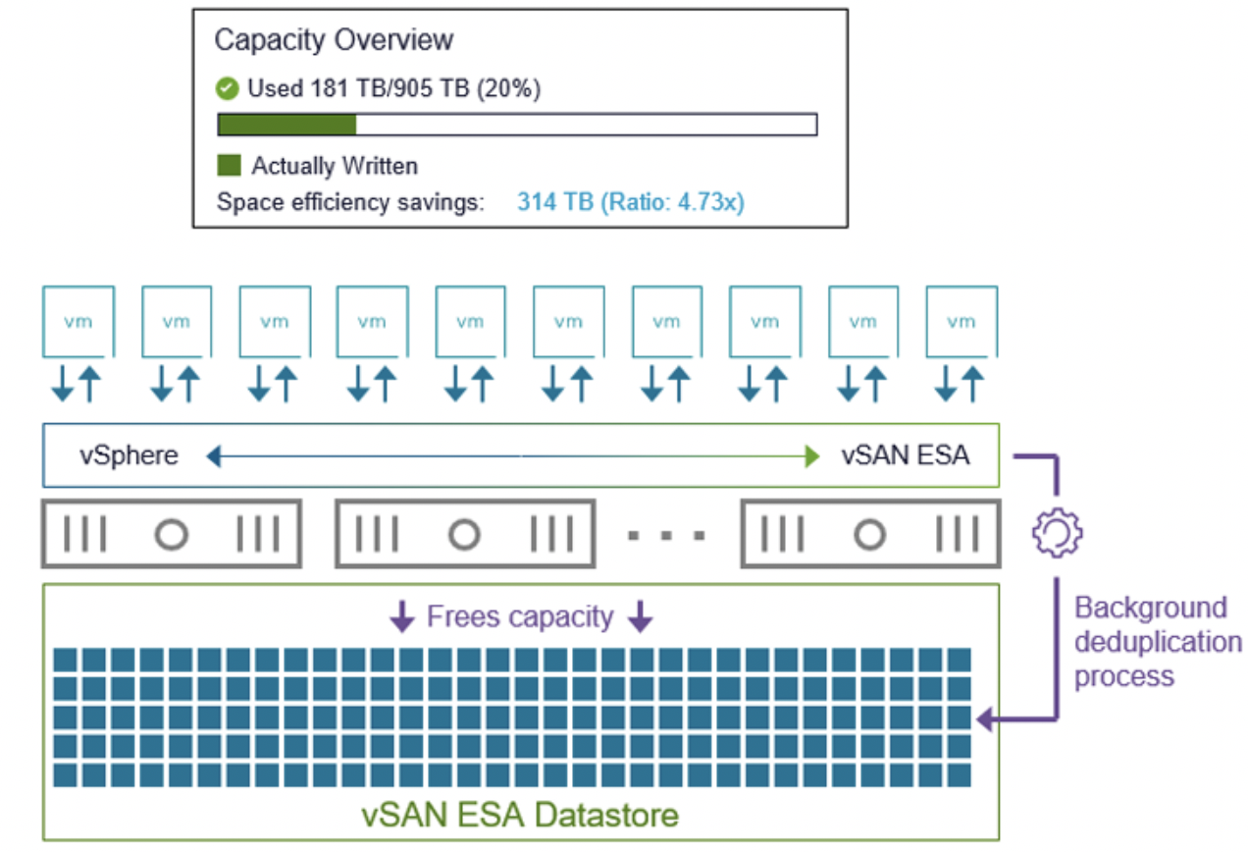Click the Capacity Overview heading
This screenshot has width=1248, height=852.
click(x=334, y=40)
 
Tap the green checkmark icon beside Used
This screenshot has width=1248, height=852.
click(x=227, y=89)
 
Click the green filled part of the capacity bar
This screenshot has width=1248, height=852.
click(x=286, y=125)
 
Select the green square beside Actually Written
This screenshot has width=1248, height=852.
click(x=229, y=165)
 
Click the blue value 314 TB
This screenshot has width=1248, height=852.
click(x=554, y=202)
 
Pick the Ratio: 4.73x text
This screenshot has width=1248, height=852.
click(x=675, y=202)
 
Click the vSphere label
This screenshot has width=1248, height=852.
click(x=130, y=455)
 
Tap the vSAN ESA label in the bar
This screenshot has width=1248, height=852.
click(x=906, y=455)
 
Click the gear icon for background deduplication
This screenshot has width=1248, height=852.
click(x=1057, y=532)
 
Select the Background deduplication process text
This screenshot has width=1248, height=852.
click(x=1156, y=642)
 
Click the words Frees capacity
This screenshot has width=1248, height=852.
click(x=520, y=617)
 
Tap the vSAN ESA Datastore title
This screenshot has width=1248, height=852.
click(x=521, y=815)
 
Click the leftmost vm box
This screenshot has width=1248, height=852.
click(x=78, y=321)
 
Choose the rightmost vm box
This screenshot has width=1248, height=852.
click(x=962, y=321)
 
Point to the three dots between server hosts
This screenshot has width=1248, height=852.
click(x=667, y=536)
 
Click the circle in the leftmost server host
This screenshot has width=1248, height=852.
click(x=172, y=535)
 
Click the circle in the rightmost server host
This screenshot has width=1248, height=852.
click(x=869, y=535)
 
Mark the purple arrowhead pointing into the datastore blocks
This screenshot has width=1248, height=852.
click(x=984, y=721)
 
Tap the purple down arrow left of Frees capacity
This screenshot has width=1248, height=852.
click(x=402, y=617)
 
